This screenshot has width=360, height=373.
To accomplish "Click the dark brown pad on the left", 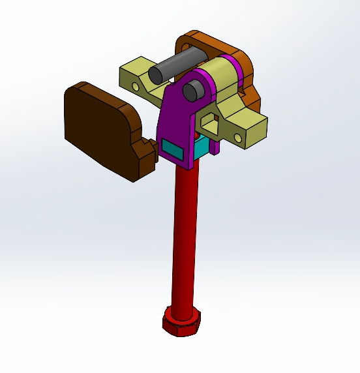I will coord(98,127).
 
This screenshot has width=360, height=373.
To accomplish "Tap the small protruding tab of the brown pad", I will coord(146,153).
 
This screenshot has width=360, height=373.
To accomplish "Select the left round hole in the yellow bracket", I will coord(135,86).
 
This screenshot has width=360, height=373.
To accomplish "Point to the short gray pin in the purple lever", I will coord(192,91).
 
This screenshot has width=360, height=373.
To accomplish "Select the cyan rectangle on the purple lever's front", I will coord(173,151).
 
